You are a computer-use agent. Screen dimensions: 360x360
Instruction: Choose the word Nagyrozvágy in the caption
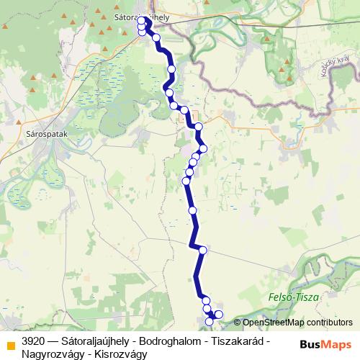50,354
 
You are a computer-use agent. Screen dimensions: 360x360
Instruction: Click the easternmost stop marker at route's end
219,315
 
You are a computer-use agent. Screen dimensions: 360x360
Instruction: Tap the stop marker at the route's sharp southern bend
203,250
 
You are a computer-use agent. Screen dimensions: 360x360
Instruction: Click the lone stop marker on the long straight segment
192,210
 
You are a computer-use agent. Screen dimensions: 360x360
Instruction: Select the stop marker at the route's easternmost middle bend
203,148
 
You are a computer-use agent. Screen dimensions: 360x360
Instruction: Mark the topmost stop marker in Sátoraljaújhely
142,19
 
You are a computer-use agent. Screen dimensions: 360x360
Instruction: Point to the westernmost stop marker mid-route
185,180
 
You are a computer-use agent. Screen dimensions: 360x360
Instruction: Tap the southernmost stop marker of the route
210,321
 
